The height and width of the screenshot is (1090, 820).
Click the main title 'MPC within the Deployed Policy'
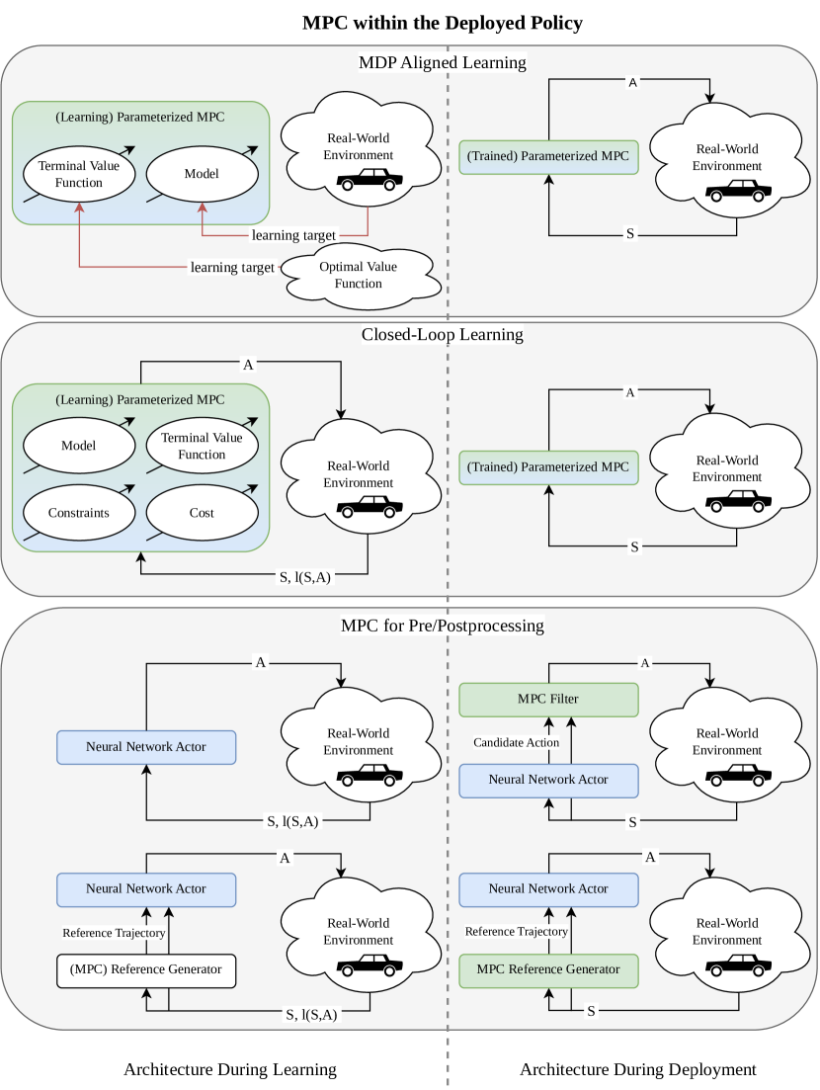(x=442, y=21)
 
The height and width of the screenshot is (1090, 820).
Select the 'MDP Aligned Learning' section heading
(x=442, y=63)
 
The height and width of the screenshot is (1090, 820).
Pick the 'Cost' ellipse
(x=202, y=513)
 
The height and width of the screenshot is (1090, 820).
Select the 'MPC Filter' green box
(x=548, y=700)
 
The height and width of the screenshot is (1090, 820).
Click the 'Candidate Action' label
(x=516, y=742)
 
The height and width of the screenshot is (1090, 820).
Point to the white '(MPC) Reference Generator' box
(x=146, y=969)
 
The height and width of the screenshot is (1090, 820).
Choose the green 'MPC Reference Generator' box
(x=548, y=969)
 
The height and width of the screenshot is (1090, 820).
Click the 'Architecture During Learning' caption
(x=229, y=1069)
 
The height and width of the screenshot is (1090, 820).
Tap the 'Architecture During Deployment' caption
(x=637, y=1069)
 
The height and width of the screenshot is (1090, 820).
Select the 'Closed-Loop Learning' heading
(x=442, y=334)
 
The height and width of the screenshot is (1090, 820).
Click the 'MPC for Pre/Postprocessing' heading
(x=442, y=626)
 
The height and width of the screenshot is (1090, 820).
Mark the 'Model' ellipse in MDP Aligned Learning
(x=202, y=174)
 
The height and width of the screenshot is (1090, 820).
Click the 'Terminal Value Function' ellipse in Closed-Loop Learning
(x=202, y=447)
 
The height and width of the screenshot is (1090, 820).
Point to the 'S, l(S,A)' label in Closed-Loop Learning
(x=306, y=577)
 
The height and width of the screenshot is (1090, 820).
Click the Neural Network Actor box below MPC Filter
(x=548, y=780)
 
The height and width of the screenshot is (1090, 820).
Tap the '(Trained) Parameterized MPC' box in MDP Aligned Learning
(x=548, y=157)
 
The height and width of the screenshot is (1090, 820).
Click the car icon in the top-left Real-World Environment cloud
(x=369, y=181)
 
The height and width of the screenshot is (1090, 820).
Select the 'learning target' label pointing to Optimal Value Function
(x=232, y=268)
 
